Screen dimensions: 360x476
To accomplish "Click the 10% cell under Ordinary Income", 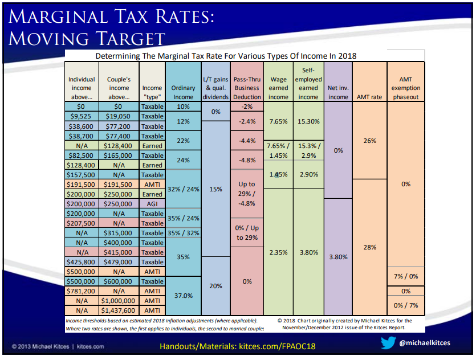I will [183, 107].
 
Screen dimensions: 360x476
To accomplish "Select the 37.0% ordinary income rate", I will [183, 296].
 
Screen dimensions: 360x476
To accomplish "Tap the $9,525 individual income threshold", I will [82, 116].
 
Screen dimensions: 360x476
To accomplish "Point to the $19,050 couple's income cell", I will [119, 116].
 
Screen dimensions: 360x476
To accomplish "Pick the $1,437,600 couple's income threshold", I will [119, 310].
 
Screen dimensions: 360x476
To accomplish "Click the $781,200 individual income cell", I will [82, 291].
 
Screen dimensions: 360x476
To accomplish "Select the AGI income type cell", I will [152, 203].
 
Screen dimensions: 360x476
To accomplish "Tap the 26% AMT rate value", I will [369, 140].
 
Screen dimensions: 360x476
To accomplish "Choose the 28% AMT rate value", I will [369, 247].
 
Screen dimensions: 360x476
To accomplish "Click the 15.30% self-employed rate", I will [308, 121].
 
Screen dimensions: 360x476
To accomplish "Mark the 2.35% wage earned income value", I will [278, 252].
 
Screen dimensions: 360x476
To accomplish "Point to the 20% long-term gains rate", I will [215, 286].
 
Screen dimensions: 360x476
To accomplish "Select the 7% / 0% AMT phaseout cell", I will [406, 276].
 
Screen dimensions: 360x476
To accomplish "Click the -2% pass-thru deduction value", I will [247, 107].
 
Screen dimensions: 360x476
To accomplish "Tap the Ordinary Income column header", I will [183, 92].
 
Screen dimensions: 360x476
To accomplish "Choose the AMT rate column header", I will [369, 97].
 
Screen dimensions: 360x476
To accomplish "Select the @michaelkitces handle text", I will [425, 343].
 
